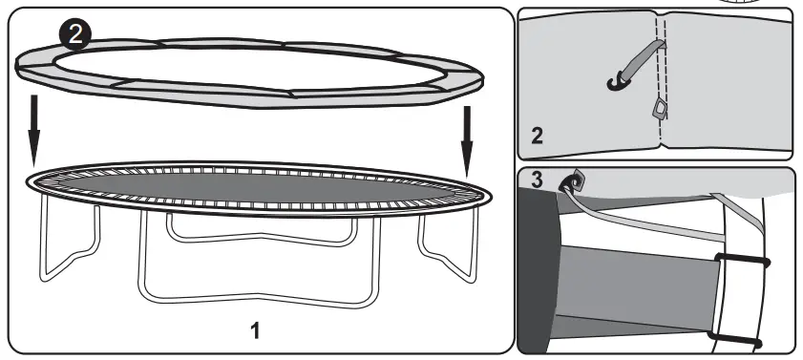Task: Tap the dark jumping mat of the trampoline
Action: point(258,186)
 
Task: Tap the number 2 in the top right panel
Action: point(537,136)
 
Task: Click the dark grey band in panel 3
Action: point(649,296)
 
